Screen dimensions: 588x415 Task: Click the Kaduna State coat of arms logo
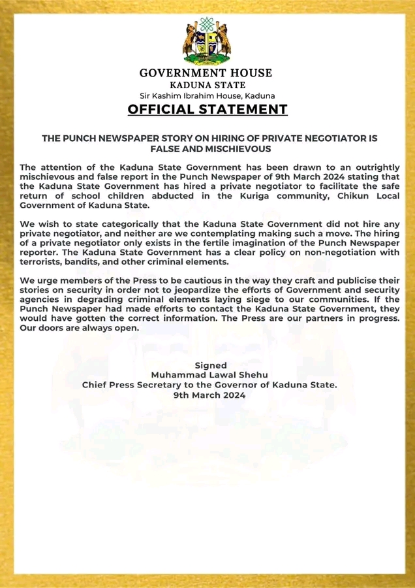(x=207, y=41)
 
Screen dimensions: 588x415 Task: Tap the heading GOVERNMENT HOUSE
(x=207, y=73)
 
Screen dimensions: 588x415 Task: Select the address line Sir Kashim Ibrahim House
(x=207, y=95)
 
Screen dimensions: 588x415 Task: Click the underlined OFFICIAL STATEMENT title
(x=207, y=110)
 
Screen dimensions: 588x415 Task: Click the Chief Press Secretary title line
(x=209, y=385)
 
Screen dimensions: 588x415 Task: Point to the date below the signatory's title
(x=209, y=395)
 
